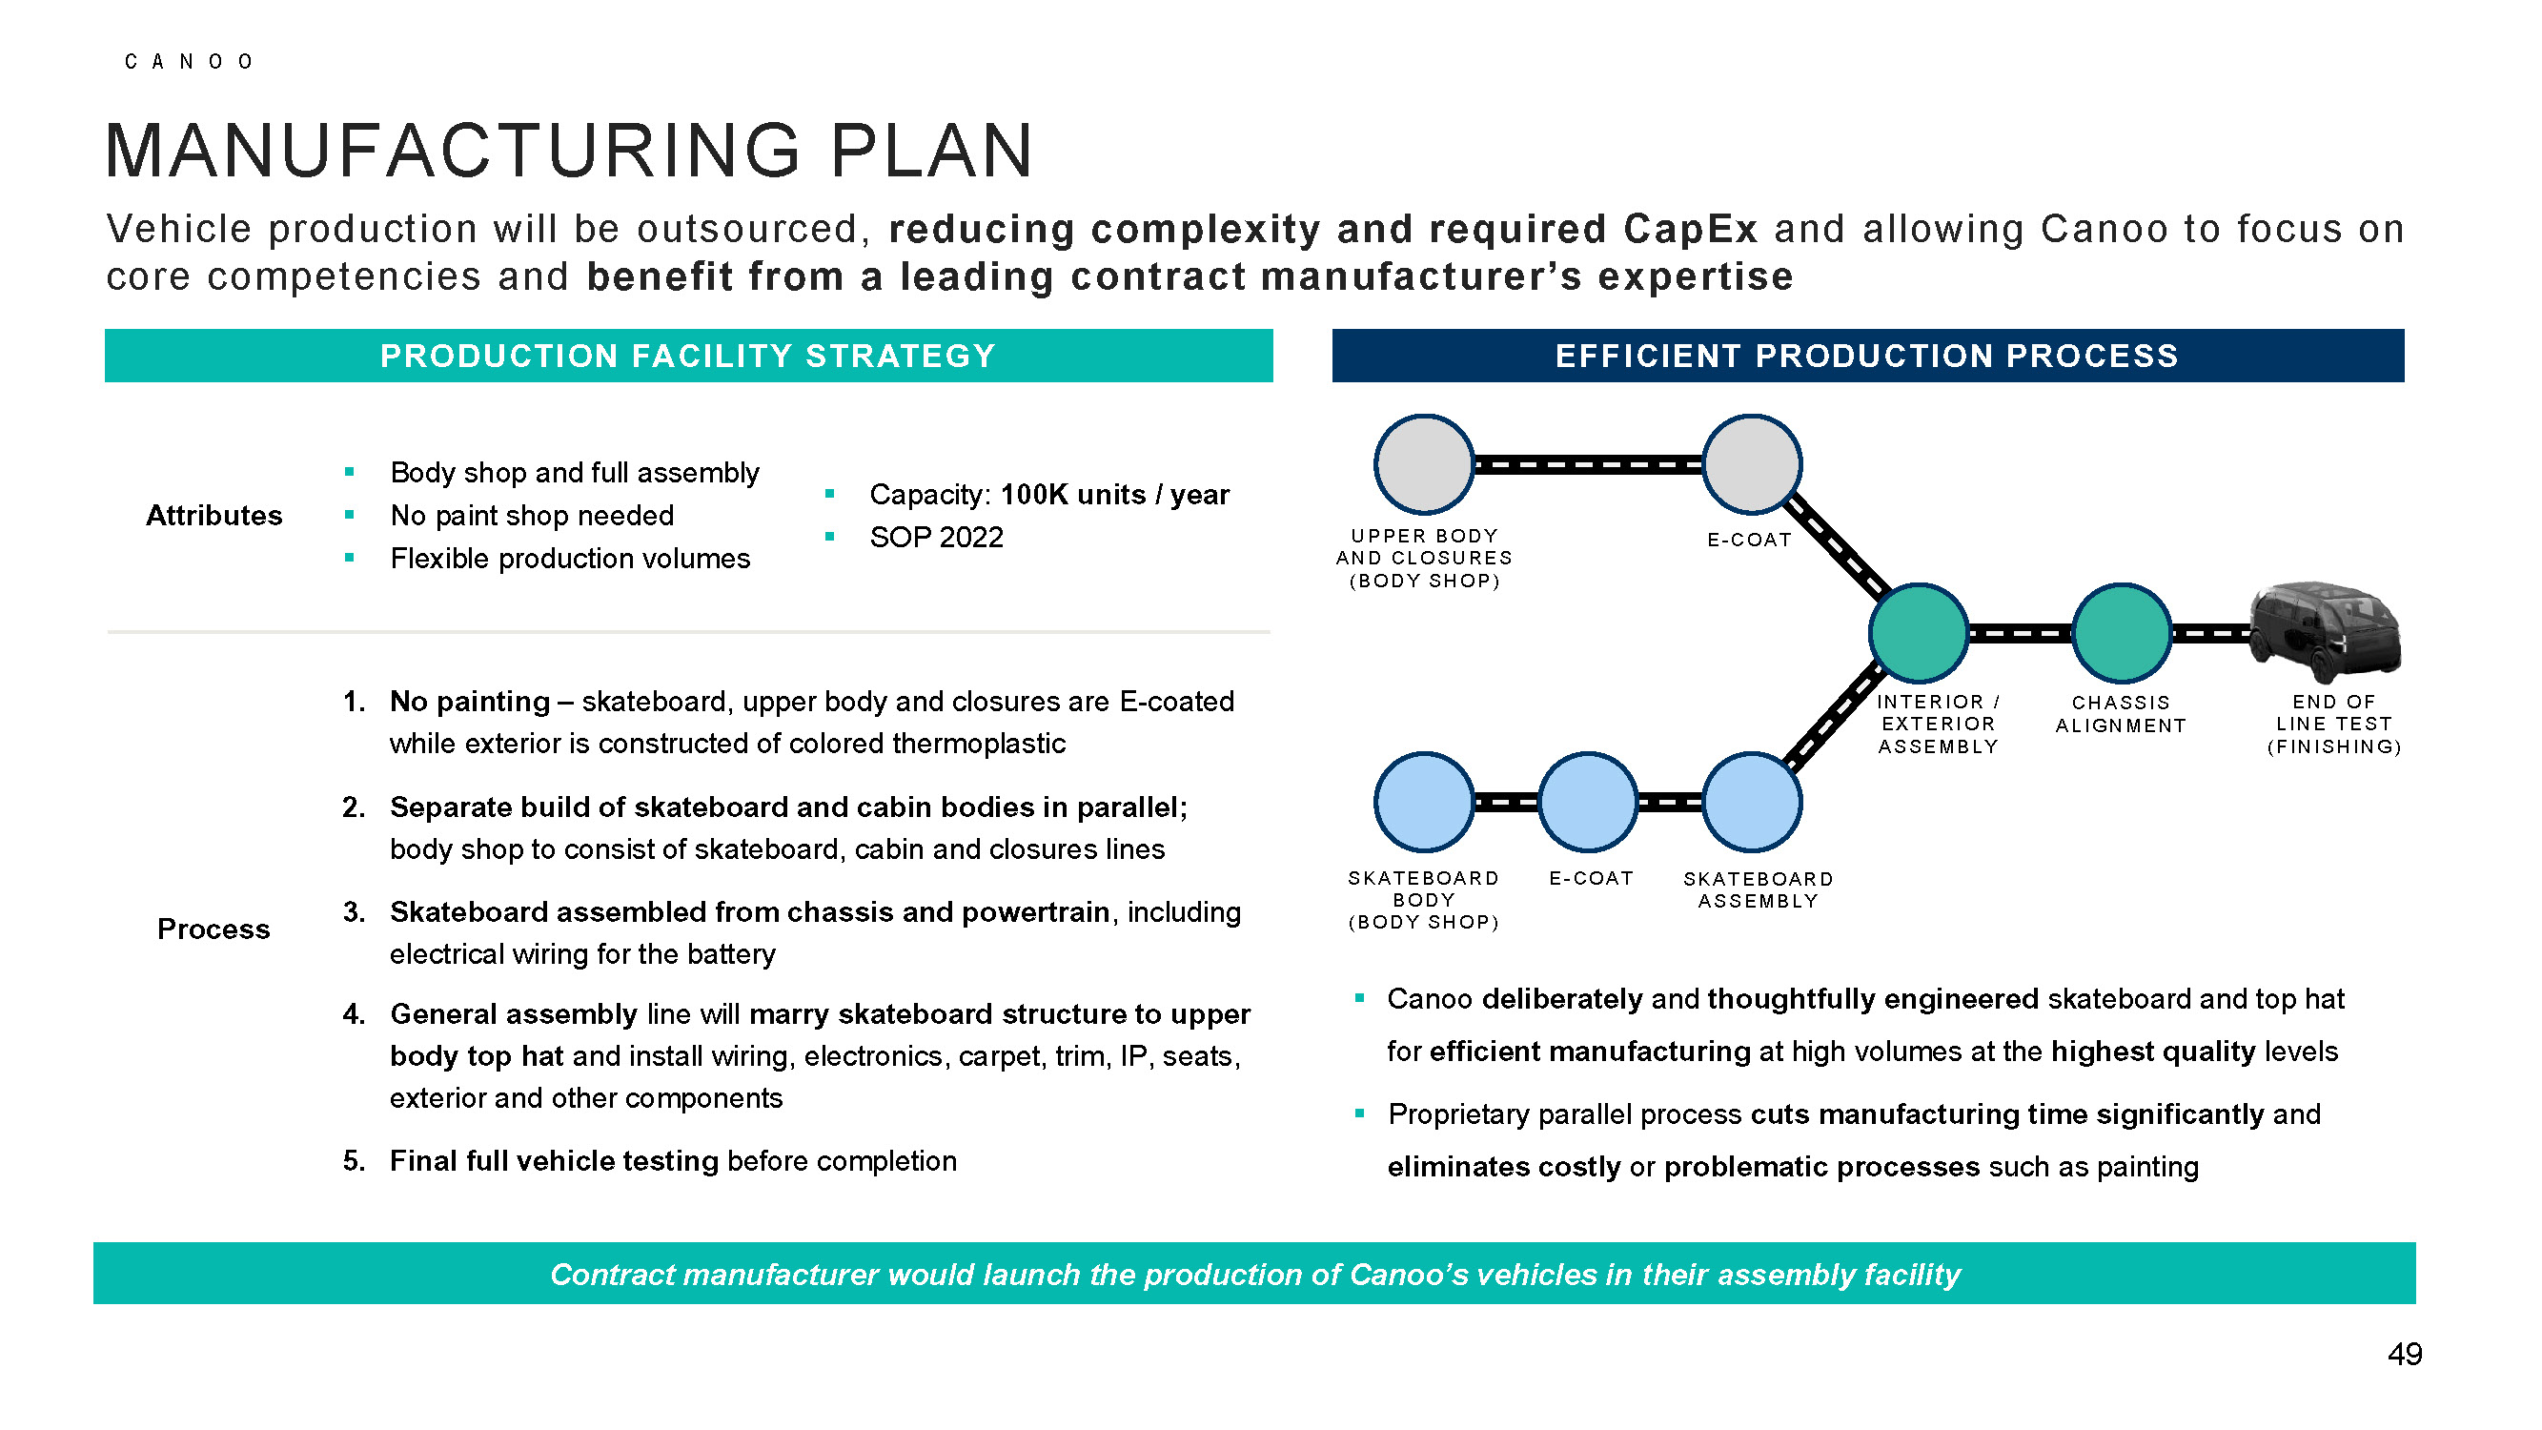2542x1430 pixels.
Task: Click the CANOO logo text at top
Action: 189,62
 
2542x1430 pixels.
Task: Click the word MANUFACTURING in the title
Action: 453,152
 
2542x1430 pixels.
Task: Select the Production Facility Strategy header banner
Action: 688,357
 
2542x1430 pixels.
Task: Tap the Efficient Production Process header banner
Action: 1867,357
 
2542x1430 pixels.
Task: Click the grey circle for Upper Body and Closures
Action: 1424,465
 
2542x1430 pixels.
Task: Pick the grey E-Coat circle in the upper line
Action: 1752,465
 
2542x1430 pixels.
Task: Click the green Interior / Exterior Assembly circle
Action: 1919,634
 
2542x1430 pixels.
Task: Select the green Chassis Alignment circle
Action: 2121,634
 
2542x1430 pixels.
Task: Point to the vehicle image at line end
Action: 2326,632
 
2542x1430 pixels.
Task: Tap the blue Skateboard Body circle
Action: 1424,803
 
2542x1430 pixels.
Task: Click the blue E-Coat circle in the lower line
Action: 1588,803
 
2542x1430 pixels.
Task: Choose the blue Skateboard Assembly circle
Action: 1752,803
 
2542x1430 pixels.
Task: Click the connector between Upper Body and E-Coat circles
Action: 1588,465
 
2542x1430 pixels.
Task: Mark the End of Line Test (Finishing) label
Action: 2334,725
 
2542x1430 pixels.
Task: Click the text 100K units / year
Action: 1115,495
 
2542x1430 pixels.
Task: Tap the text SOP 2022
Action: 935,538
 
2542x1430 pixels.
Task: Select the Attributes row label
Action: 214,516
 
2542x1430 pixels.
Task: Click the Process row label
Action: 214,929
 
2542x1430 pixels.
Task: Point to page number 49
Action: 2404,1355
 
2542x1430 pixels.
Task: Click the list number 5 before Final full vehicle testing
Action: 353,1161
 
